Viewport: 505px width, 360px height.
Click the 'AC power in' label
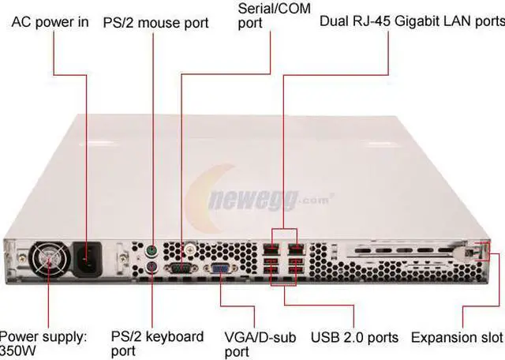50,22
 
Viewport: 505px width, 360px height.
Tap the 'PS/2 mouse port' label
155,22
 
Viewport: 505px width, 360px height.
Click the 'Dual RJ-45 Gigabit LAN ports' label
410,21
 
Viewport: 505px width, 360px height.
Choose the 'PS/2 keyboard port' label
157,343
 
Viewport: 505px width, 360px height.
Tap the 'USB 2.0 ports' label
354,337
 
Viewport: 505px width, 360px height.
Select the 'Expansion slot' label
456,337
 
